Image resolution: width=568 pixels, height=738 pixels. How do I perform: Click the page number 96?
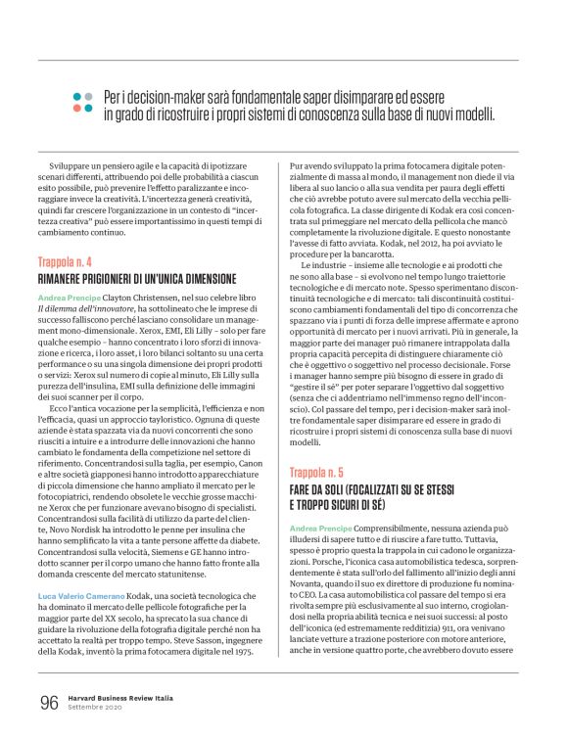49,703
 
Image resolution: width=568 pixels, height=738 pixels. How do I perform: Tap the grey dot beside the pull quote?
89,96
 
